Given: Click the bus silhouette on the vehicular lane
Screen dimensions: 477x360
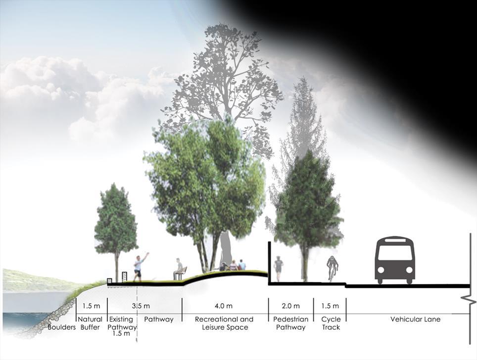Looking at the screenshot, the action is click(x=394, y=261).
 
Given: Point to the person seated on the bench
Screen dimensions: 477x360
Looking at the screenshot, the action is click(x=178, y=268).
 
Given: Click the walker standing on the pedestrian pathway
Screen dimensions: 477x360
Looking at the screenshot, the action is click(x=279, y=269).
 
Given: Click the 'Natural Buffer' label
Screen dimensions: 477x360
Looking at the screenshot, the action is click(x=91, y=323).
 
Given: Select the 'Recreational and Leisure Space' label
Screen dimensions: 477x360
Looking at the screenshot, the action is click(x=224, y=323).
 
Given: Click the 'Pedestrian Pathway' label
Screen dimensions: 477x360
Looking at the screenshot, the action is click(x=290, y=323).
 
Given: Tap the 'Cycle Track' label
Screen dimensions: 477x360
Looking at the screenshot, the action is click(x=331, y=323).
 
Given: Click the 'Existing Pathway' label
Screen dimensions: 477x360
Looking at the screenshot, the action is click(x=121, y=323).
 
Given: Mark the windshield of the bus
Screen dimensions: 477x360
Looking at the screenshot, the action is click(x=394, y=253).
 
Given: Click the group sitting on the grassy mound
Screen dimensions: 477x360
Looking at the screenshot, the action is click(x=233, y=266).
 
